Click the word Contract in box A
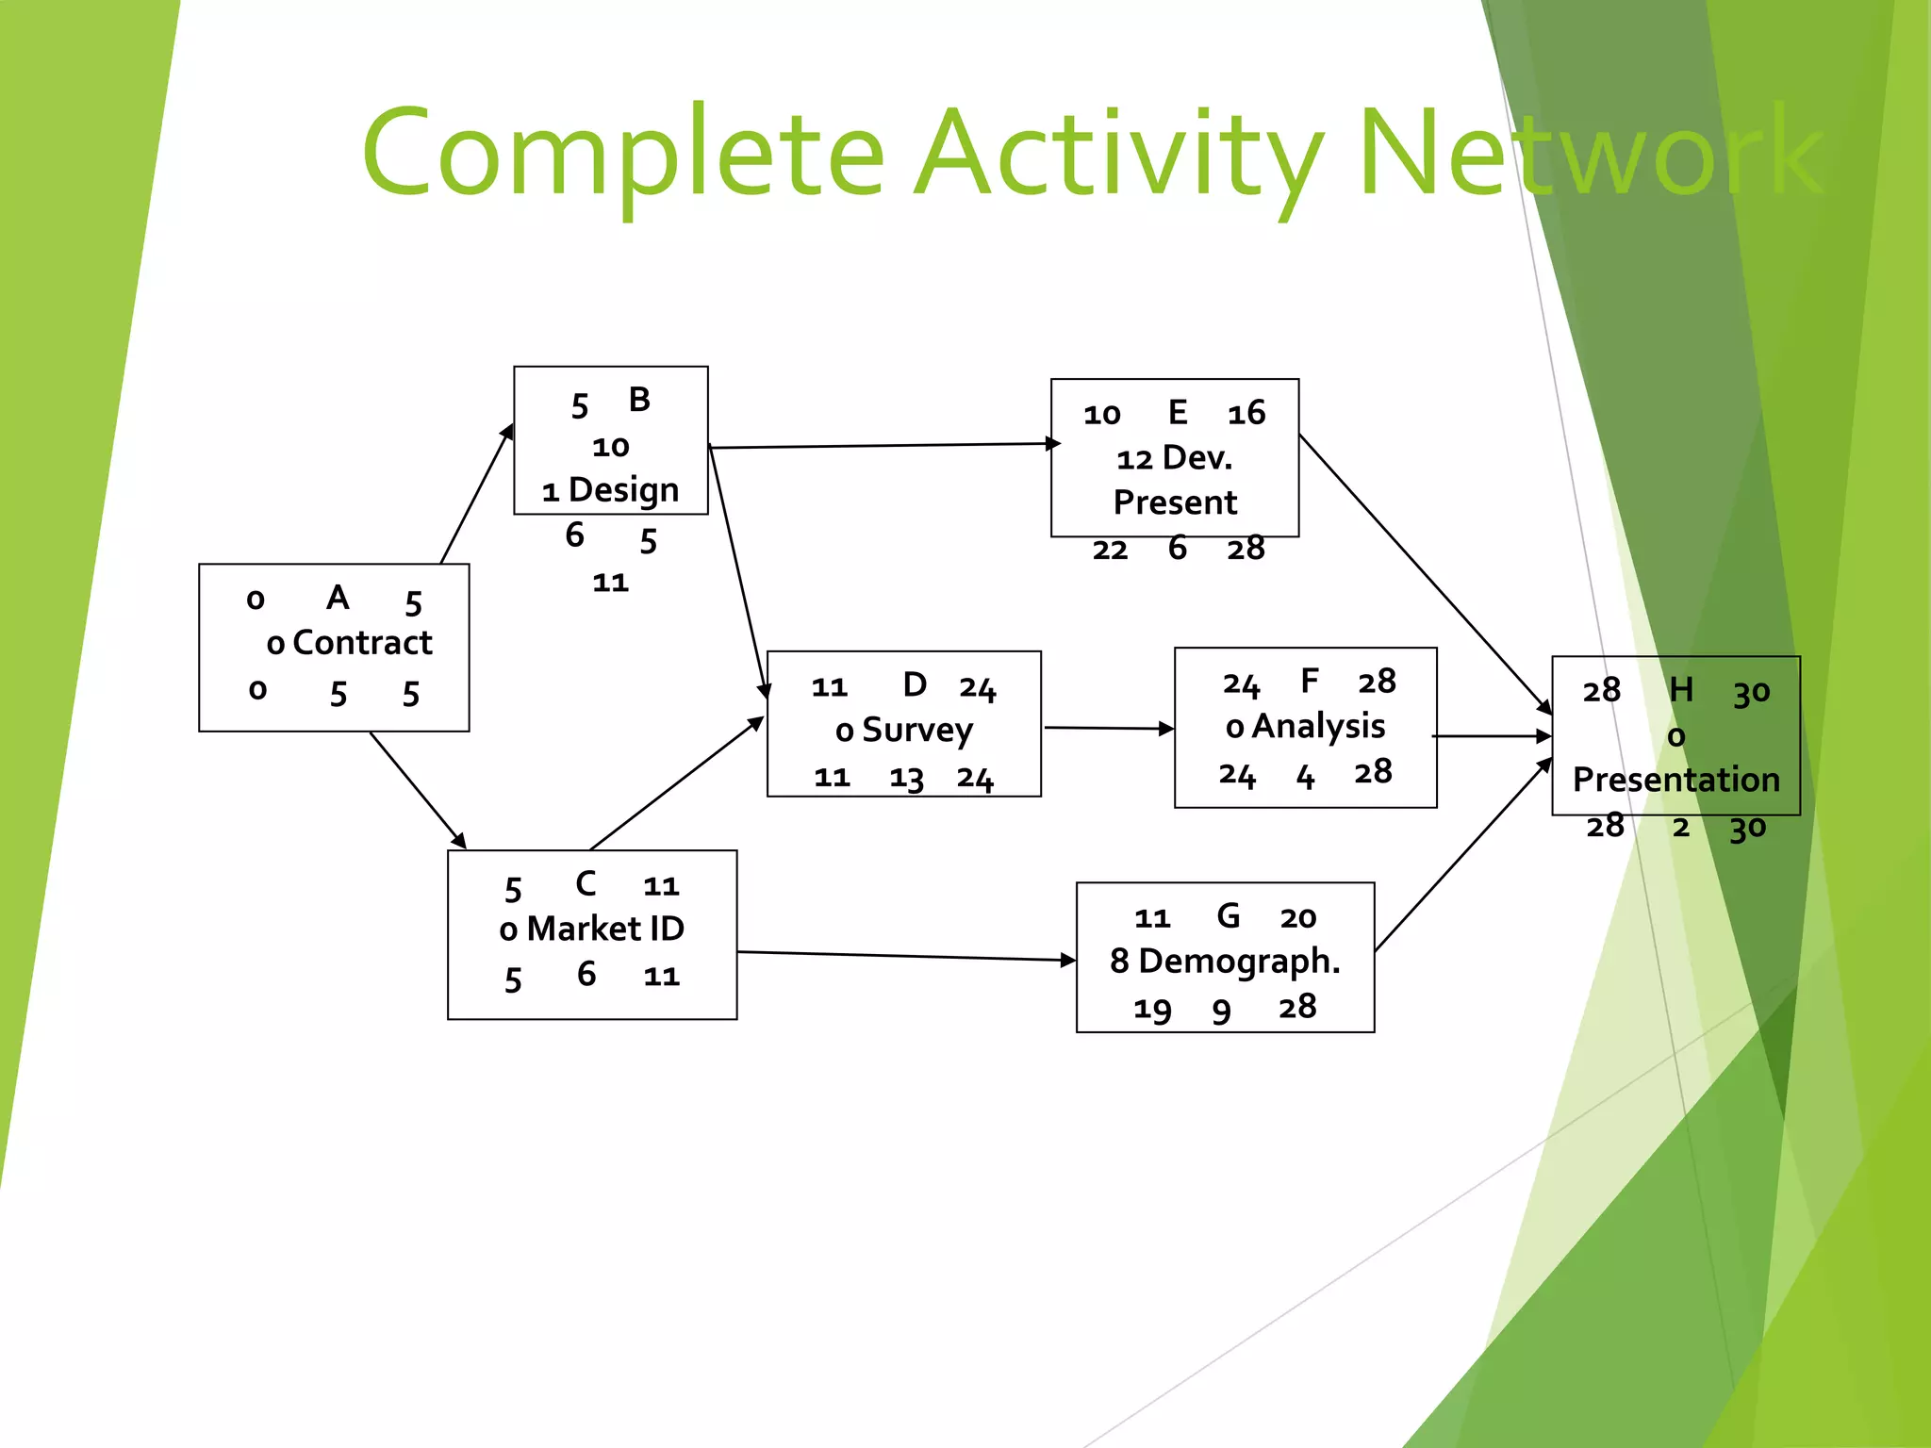click(x=362, y=643)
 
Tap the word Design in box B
click(x=623, y=490)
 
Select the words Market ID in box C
click(x=605, y=929)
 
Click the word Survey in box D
click(x=916, y=730)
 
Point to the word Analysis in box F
click(x=1318, y=726)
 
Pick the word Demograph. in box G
click(x=1239, y=961)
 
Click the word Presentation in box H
click(x=1675, y=780)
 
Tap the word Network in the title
click(x=1591, y=153)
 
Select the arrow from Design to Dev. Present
click(x=882, y=446)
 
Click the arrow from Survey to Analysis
click(x=1108, y=728)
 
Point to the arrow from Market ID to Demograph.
click(x=905, y=956)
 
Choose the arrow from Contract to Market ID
click(x=418, y=790)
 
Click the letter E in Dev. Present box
click(x=1178, y=412)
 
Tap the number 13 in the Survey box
click(x=906, y=779)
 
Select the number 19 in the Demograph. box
click(x=1152, y=1010)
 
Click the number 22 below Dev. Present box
click(x=1110, y=550)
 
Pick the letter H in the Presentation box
click(x=1681, y=690)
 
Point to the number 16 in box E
click(x=1246, y=413)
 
